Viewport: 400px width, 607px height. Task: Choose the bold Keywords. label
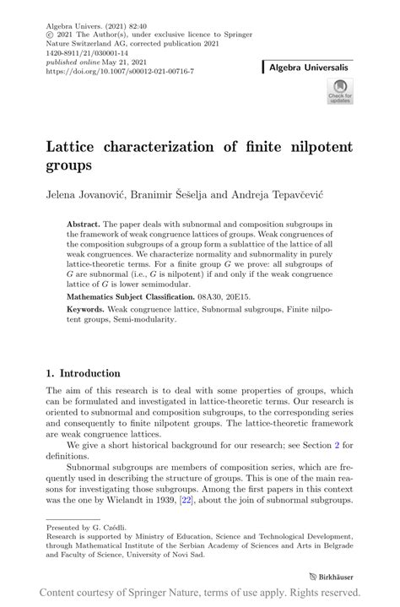(87, 311)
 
